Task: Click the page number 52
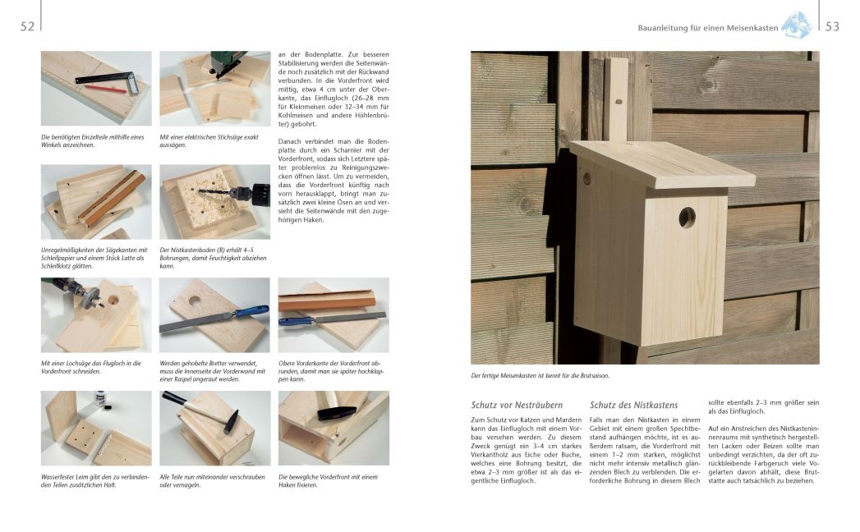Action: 27,27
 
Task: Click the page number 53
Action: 832,27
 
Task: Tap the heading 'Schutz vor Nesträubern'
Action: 517,405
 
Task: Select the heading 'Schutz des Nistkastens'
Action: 633,405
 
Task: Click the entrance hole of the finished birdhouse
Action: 686,218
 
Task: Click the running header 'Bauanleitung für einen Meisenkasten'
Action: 707,28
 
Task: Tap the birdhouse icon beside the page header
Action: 796,25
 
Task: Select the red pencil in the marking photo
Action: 105,88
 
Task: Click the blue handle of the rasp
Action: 249,311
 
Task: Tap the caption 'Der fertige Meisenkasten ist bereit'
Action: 540,376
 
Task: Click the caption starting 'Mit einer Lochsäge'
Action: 91,367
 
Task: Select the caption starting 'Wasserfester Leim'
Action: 94,480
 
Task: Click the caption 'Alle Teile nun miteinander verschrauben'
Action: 211,480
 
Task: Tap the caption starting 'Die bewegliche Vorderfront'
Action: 329,480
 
